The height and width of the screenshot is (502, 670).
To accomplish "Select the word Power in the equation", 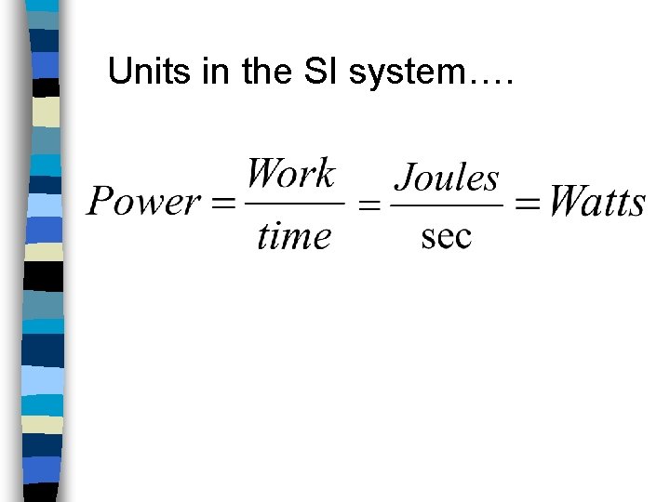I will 143,202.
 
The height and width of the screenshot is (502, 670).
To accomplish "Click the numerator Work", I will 291,174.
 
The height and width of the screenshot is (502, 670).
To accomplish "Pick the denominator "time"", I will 293,235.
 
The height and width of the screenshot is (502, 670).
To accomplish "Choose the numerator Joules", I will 447,178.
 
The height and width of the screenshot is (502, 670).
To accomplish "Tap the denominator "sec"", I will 447,236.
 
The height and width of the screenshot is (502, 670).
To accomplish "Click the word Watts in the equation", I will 596,201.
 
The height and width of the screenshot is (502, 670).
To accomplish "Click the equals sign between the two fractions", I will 369,206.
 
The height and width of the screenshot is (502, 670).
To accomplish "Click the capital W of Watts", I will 566,201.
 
